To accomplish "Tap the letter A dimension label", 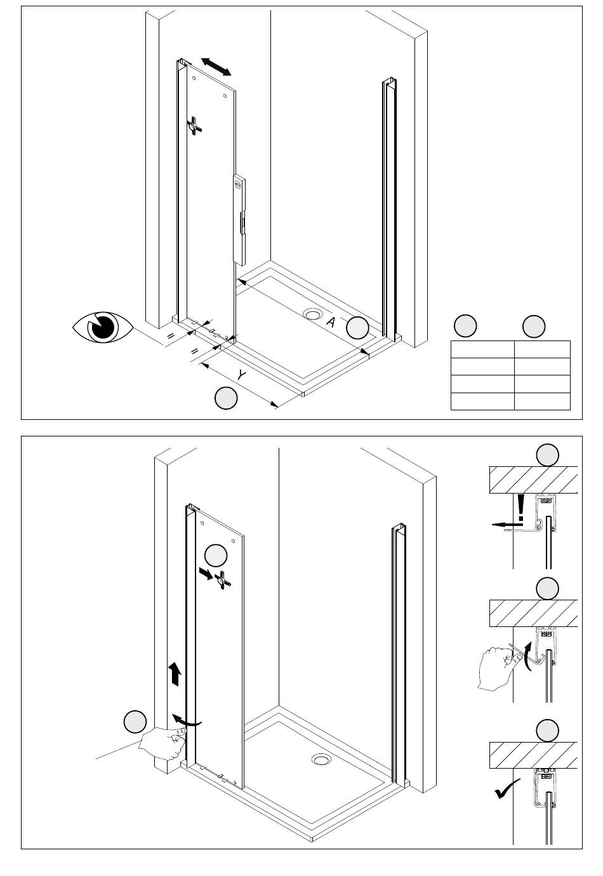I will tap(330, 322).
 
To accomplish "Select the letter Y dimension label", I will tap(241, 375).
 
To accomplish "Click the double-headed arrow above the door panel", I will tap(216, 66).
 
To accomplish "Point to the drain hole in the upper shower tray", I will tap(313, 314).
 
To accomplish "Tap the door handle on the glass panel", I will tap(239, 220).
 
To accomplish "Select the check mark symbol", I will tap(507, 791).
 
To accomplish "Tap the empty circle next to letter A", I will tap(357, 327).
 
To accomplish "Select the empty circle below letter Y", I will tap(226, 398).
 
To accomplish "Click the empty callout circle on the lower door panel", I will tap(216, 555).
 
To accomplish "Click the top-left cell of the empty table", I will tap(482, 349).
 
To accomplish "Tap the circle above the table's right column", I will tap(533, 326).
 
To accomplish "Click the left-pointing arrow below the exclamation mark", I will tap(505, 525).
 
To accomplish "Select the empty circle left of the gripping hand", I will tap(135, 722).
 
